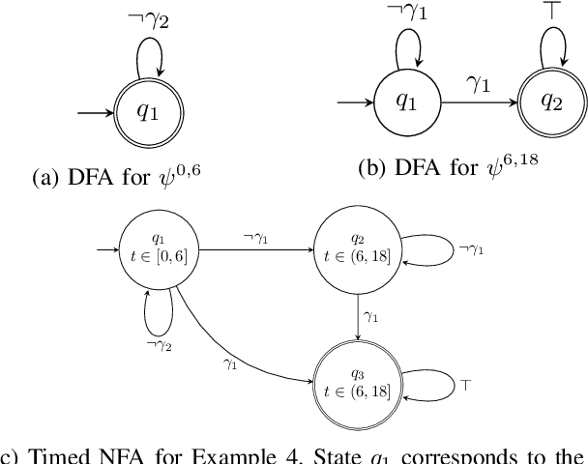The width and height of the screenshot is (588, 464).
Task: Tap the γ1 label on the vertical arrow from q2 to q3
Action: pyautogui.click(x=371, y=316)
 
